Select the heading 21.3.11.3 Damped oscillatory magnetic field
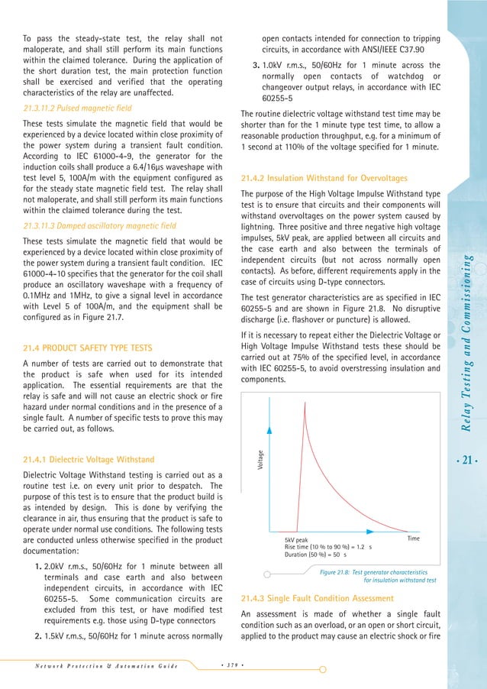coord(99,226)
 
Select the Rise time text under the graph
coord(328,548)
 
